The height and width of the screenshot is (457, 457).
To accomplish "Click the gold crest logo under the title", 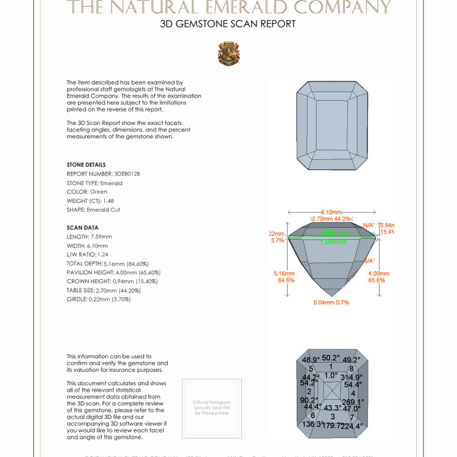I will point(228,54).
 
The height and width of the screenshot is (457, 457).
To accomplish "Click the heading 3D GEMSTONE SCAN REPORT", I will point(228,24).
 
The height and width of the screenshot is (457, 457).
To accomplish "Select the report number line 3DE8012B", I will point(103,174).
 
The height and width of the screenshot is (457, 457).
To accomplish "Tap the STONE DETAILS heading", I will point(86,165).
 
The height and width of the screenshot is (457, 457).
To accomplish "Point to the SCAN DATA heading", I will point(82,228).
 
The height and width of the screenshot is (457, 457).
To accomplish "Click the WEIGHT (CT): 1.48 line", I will point(90,200).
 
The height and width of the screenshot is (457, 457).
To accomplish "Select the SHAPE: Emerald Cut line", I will point(93,210).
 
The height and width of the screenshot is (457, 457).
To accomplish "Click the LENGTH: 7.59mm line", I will point(89,236).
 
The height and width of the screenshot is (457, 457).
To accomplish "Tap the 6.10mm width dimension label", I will point(331,211).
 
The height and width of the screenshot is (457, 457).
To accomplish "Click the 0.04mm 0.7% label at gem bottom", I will point(331,302).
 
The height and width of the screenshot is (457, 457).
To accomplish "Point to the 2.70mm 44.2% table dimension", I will point(331,219).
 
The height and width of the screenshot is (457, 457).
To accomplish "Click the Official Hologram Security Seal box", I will point(211,408).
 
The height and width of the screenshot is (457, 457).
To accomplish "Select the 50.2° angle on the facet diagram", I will point(331,358).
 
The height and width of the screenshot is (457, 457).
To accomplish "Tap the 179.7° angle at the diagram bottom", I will point(333,425).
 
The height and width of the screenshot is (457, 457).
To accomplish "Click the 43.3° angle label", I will point(332,408).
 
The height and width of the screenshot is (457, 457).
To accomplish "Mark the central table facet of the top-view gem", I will point(331,125).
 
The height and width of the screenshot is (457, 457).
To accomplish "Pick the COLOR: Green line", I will point(87,191).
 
